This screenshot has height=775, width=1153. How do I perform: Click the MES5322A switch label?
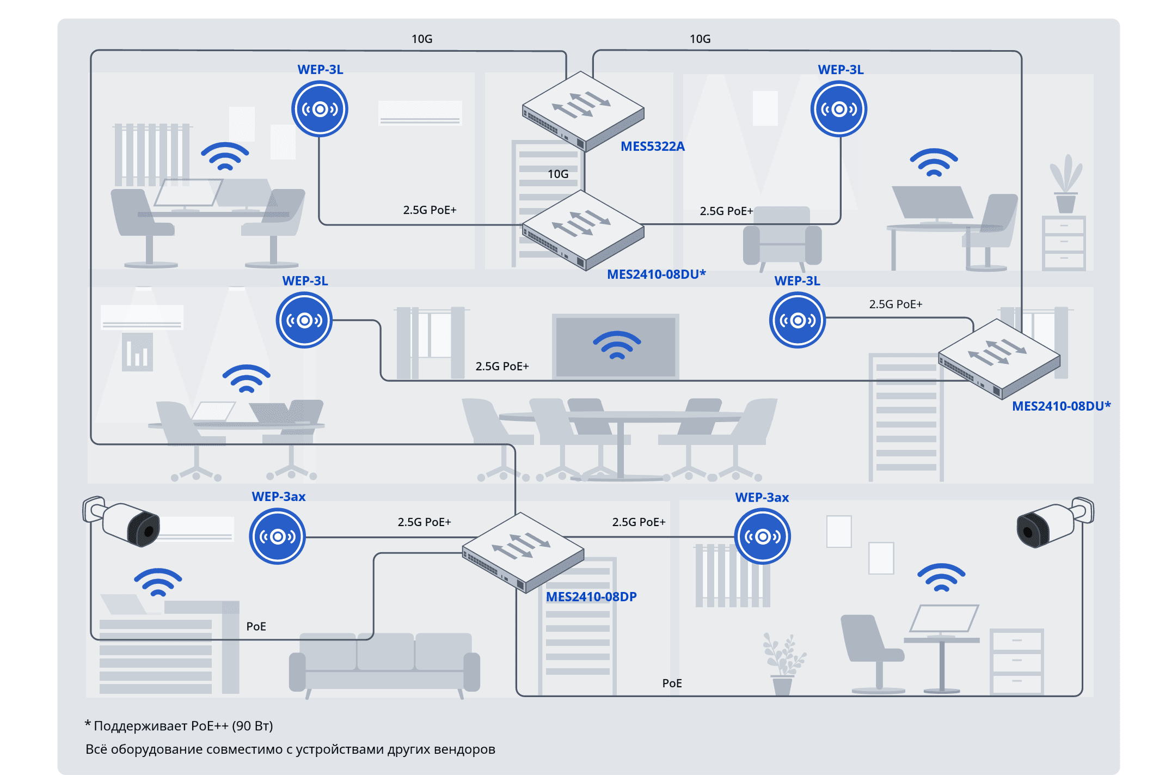click(652, 147)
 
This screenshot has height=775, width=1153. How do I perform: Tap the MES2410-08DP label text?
click(591, 597)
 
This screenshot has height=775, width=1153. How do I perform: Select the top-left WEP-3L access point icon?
click(320, 109)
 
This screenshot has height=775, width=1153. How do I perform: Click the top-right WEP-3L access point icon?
click(838, 109)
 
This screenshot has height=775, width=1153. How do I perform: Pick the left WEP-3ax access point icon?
click(277, 536)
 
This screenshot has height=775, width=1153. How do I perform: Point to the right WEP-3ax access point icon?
click(762, 536)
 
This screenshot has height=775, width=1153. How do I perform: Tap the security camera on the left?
click(122, 521)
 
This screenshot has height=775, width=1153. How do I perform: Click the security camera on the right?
click(1054, 521)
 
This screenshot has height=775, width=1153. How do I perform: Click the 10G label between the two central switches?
click(558, 174)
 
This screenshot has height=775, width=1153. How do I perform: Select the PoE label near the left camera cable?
click(256, 626)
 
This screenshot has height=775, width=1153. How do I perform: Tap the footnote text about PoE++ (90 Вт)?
click(180, 726)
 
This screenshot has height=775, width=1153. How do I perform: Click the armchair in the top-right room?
click(782, 237)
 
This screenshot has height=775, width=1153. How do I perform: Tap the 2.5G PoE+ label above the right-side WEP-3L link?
click(896, 304)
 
